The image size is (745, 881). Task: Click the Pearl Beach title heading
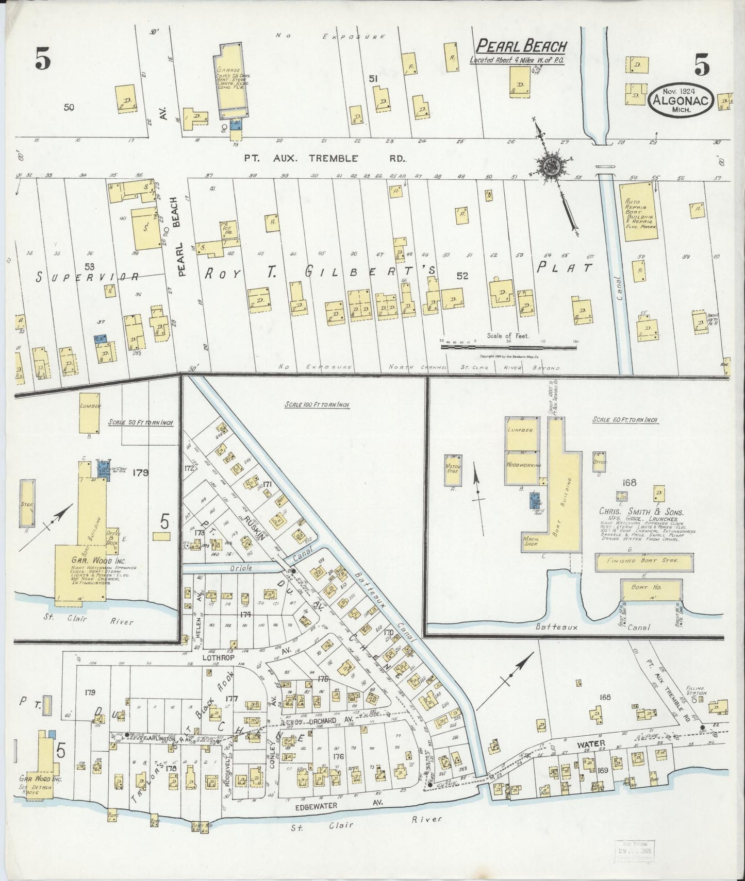pos(521,46)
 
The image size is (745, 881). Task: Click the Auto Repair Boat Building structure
pos(641,211)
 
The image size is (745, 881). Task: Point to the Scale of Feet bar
pos(508,347)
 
